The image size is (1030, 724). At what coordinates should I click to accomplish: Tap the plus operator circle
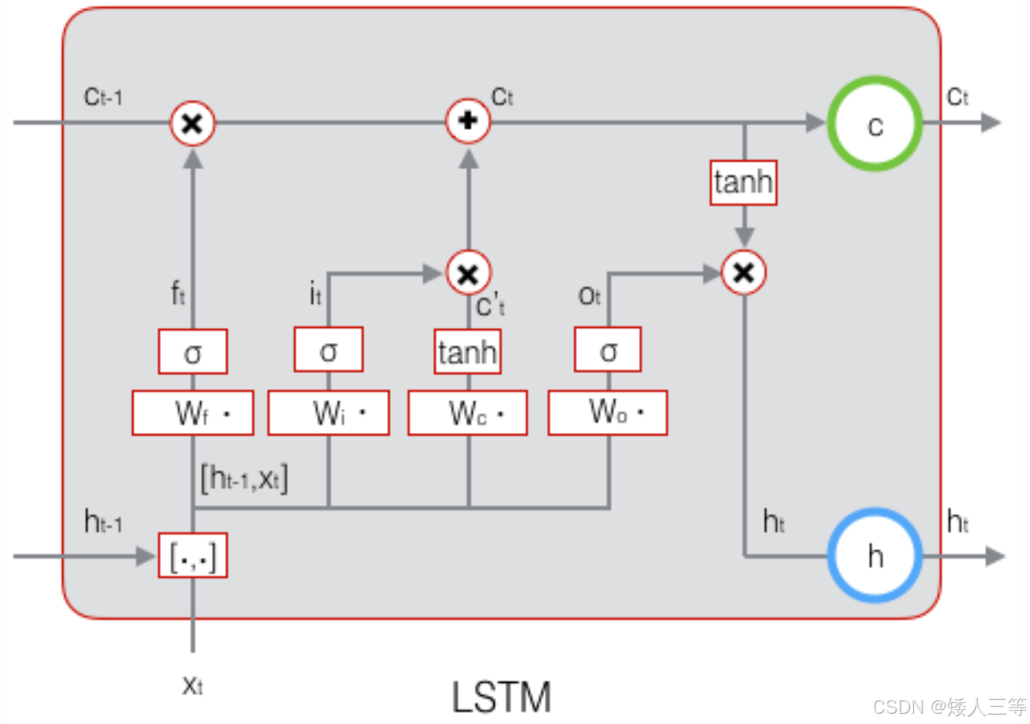click(468, 121)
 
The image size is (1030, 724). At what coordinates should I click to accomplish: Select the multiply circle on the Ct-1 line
click(192, 123)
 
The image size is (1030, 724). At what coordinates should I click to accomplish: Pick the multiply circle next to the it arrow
click(469, 273)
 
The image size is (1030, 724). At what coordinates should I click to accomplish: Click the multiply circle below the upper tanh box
click(743, 272)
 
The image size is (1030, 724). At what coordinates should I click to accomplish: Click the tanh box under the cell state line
click(743, 182)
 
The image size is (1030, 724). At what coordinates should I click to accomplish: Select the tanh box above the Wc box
click(468, 352)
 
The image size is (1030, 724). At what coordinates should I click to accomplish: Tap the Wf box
click(192, 413)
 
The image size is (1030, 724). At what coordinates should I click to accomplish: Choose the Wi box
click(329, 413)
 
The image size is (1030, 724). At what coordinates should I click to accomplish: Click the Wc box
click(468, 413)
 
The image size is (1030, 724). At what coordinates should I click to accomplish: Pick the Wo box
click(608, 413)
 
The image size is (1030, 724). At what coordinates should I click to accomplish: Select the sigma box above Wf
click(192, 352)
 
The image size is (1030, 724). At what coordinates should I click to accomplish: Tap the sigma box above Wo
click(608, 350)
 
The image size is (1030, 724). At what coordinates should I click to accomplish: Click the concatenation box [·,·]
click(192, 555)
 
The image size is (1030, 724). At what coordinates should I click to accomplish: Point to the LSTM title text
click(501, 697)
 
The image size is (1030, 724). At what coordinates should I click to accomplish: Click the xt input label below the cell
click(192, 686)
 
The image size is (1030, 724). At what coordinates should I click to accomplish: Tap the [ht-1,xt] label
click(244, 479)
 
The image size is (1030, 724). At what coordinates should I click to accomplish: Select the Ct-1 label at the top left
click(103, 97)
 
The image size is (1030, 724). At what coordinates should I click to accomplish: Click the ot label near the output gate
click(589, 296)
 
